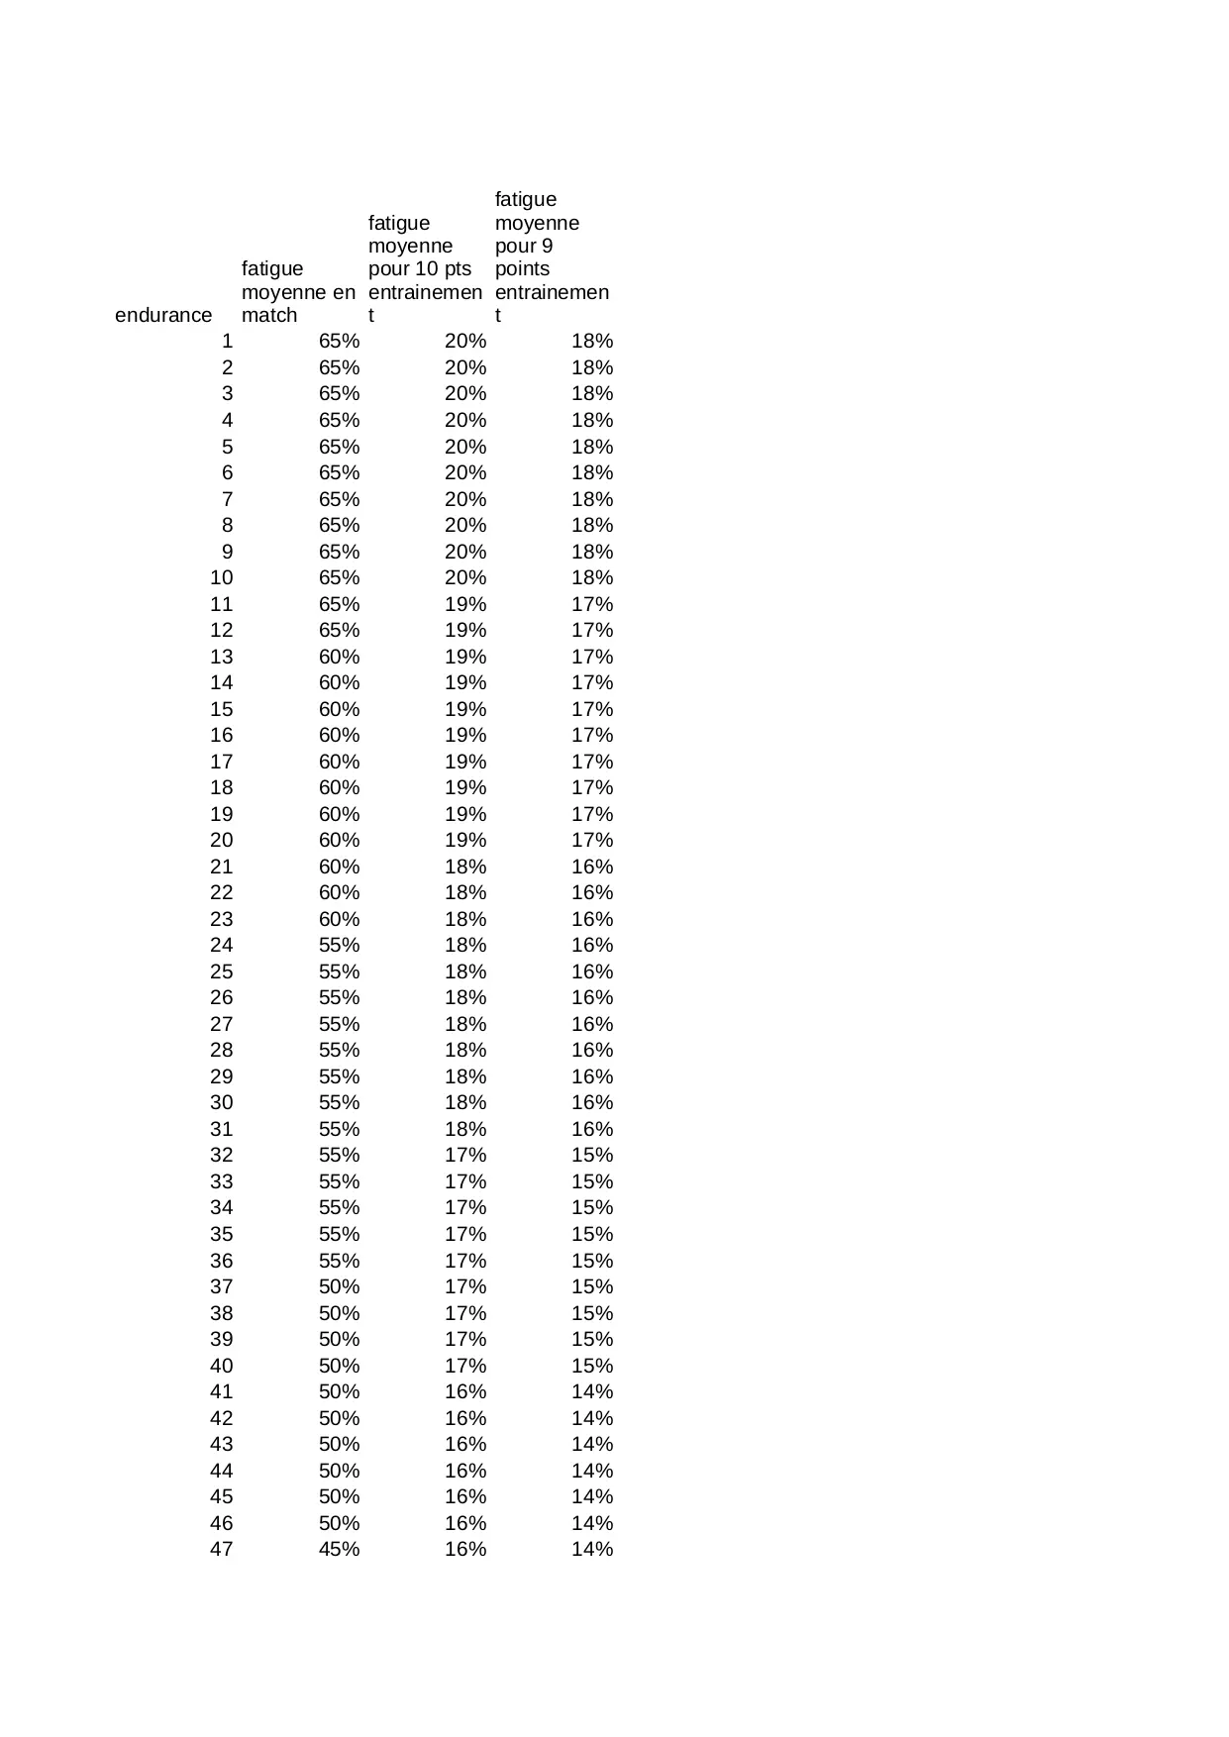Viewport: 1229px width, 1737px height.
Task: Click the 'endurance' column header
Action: [163, 315]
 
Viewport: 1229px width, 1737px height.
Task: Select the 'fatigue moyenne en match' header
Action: [297, 292]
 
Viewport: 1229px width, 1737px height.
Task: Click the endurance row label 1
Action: [227, 342]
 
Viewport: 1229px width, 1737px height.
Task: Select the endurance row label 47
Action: [221, 1549]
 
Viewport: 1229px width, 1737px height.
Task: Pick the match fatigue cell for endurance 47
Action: [339, 1549]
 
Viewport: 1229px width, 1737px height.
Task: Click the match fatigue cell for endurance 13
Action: [339, 657]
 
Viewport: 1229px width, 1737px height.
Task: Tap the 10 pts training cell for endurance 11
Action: [465, 604]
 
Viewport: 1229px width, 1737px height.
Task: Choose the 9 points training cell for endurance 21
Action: [592, 867]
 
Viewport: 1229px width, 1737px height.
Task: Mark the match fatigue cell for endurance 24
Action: [339, 945]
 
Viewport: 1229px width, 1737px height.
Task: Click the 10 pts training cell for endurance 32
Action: [465, 1155]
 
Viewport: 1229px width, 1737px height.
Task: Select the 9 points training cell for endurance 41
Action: [592, 1391]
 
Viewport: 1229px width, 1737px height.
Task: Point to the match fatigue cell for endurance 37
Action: [339, 1286]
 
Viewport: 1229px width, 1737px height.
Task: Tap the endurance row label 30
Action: [221, 1102]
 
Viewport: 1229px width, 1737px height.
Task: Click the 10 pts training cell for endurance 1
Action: [465, 342]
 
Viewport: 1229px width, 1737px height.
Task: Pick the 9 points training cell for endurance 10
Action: [592, 577]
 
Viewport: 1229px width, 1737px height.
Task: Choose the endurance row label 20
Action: [221, 840]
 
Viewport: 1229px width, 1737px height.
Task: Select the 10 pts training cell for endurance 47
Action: [465, 1549]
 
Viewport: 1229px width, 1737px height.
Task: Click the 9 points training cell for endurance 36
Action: [592, 1261]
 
